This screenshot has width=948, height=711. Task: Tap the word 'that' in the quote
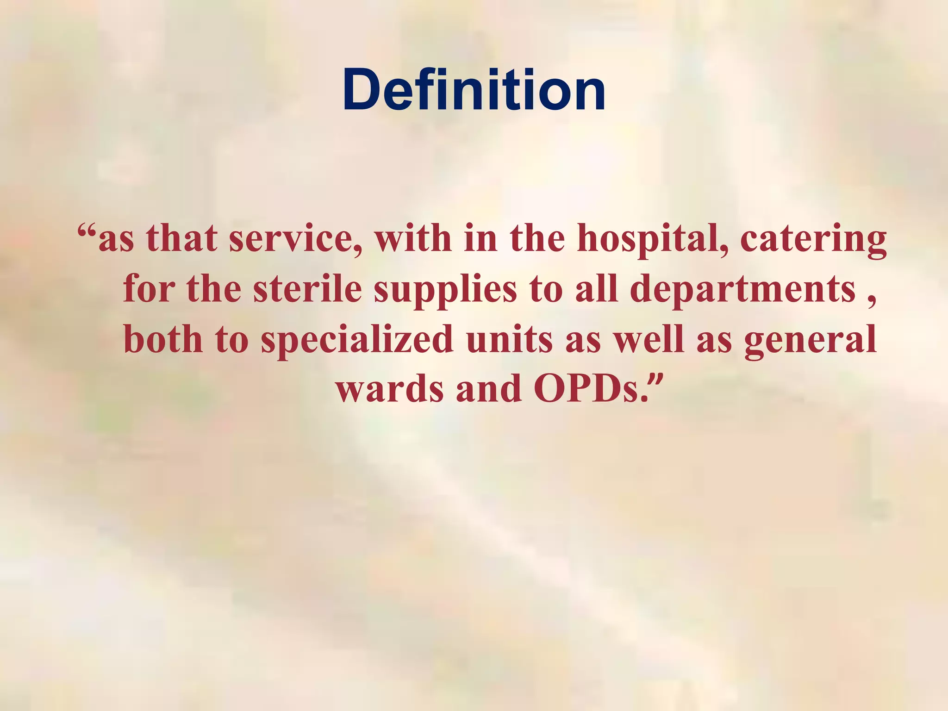coord(181,239)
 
